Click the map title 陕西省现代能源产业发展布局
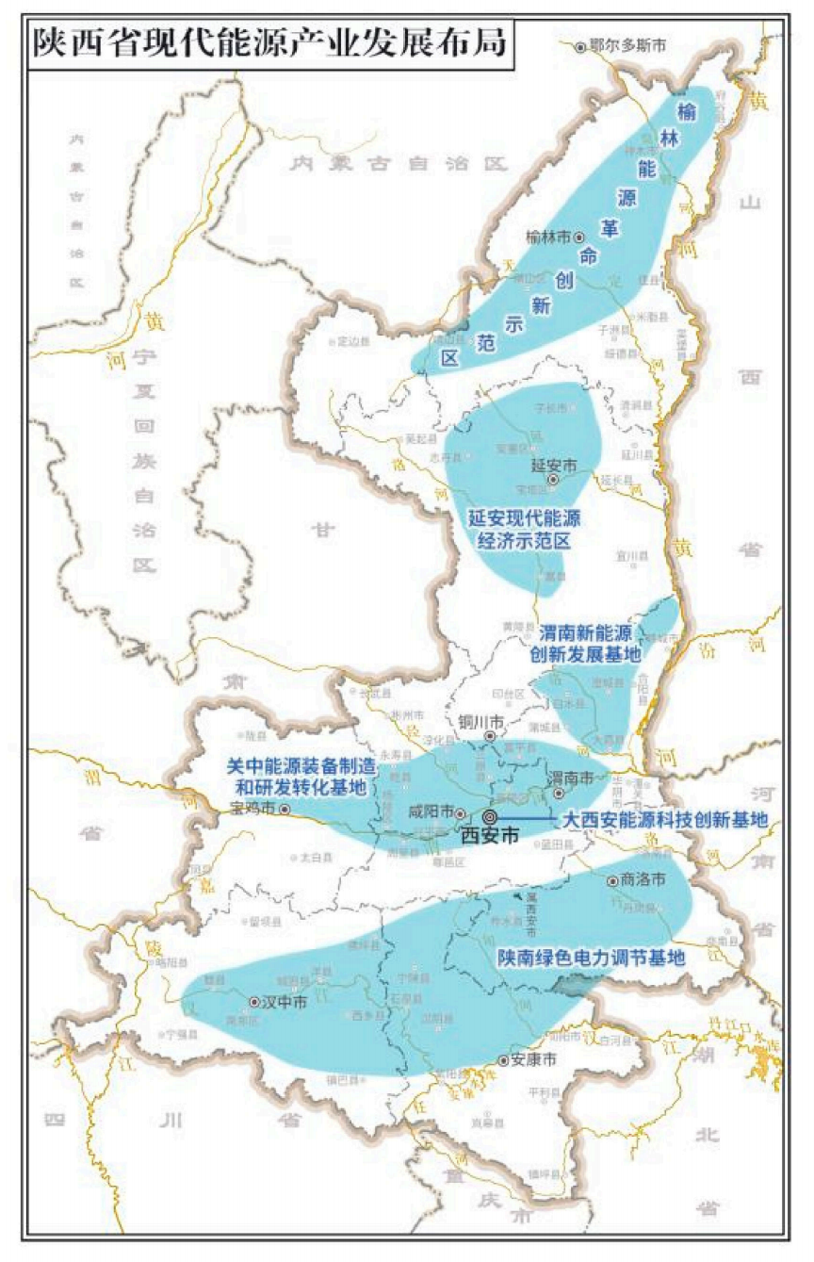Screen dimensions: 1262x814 [269, 43]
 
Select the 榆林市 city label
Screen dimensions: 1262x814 [549, 238]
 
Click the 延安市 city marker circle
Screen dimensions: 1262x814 [553, 480]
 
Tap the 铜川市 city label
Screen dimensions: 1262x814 [482, 722]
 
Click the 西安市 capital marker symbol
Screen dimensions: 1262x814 [490, 817]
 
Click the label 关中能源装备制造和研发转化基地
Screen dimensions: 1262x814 [296, 777]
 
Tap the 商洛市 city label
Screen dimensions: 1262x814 [644, 879]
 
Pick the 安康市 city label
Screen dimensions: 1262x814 [532, 1060]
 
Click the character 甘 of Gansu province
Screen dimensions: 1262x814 [324, 531]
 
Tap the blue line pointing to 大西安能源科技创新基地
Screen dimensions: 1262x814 [528, 818]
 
